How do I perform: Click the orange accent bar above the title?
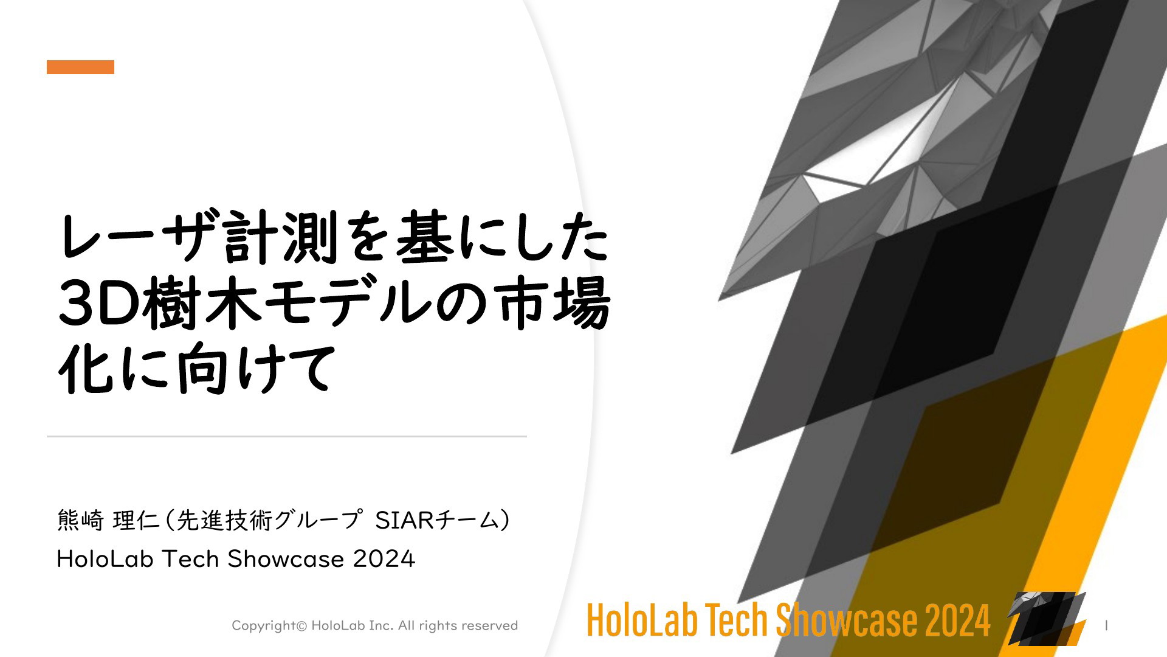pyautogui.click(x=80, y=67)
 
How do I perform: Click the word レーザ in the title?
pyautogui.click(x=138, y=237)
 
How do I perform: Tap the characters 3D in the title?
pyautogui.click(x=98, y=303)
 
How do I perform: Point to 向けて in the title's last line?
pyautogui.click(x=255, y=369)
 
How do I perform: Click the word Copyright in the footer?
pyautogui.click(x=264, y=626)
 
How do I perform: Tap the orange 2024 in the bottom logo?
pyautogui.click(x=958, y=620)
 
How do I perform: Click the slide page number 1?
pyautogui.click(x=1106, y=625)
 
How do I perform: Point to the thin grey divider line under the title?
pyautogui.click(x=287, y=436)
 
